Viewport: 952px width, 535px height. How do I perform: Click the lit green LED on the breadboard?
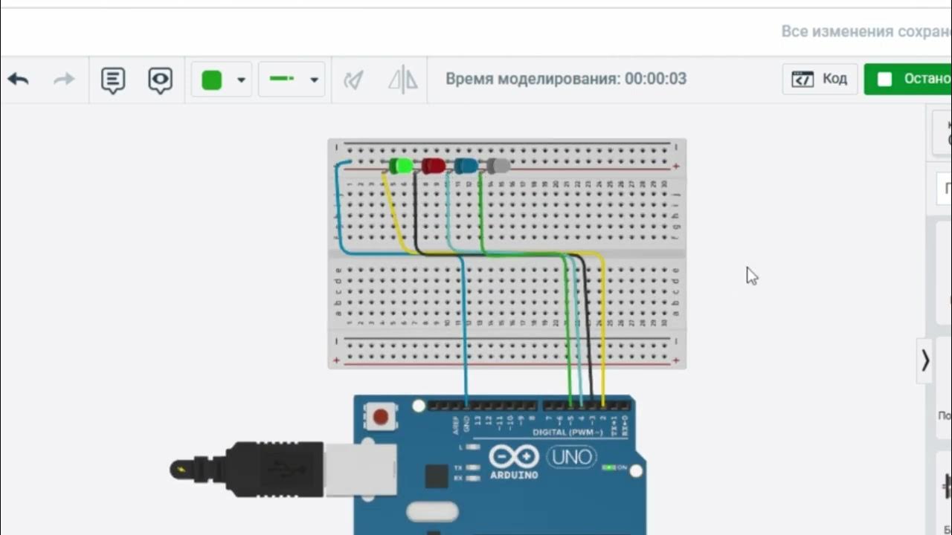coord(402,166)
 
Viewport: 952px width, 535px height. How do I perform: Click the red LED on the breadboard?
coord(434,166)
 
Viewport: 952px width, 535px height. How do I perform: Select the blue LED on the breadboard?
coord(466,166)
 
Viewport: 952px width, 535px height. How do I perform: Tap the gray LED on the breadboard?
coord(498,166)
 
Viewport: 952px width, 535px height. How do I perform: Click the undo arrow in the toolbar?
coord(19,80)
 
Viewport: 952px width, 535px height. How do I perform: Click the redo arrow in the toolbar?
coord(64,80)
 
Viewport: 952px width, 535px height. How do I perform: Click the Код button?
coord(820,79)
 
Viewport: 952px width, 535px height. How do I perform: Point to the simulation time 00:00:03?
coord(655,79)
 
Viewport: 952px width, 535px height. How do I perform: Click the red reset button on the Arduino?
coord(381,417)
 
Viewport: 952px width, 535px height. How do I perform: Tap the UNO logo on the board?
coord(571,456)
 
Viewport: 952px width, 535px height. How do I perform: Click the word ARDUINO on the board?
coord(513,475)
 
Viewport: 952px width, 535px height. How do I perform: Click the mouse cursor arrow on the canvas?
coord(751,276)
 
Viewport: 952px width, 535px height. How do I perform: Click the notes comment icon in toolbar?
coord(113,80)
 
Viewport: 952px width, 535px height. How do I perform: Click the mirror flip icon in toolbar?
coord(403,80)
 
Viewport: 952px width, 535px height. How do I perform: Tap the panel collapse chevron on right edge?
coord(924,360)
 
